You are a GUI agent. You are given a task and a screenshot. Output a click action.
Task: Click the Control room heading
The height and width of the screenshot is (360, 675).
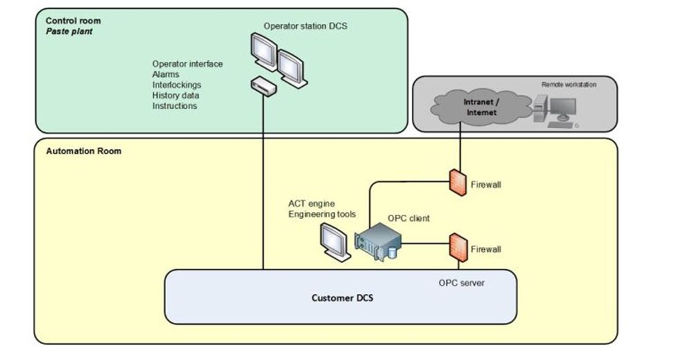pos(72,21)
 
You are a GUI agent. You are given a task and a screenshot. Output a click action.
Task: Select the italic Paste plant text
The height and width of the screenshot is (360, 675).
pos(70,32)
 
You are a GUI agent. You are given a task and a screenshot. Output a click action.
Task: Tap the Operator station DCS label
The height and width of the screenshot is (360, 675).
pos(305,26)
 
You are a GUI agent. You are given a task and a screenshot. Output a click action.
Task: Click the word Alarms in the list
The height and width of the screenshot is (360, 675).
pos(166,74)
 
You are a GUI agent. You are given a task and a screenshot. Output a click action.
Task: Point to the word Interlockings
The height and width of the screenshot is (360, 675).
pos(177,85)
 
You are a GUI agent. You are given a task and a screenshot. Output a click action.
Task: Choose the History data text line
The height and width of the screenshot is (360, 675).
pos(176,96)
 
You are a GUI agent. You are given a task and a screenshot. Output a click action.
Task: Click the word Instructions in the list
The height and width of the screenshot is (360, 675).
pos(174,106)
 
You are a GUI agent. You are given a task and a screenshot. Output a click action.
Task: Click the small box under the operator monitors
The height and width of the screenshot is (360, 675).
pos(264,87)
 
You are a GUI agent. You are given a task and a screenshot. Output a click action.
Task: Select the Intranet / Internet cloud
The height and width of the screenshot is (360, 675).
pos(479,107)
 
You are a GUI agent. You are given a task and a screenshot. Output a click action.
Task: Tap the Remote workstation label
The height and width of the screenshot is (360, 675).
pos(569,84)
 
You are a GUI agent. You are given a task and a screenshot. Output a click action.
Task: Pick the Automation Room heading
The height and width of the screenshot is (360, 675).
pos(83,151)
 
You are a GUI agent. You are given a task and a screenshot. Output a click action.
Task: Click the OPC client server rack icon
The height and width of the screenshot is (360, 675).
pos(378,241)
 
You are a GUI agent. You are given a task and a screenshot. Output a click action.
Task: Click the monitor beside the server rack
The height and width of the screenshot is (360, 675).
pos(335,243)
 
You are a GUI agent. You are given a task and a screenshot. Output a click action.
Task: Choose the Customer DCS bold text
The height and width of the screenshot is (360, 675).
pos(340,298)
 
